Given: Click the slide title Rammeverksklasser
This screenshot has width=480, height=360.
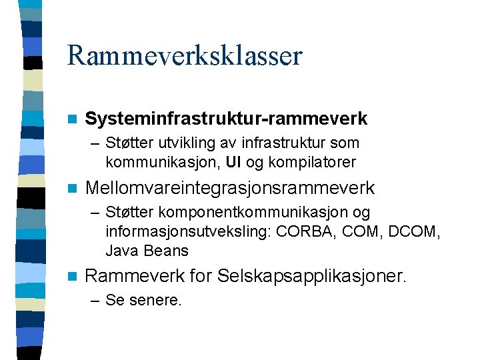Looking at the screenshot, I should pyautogui.click(x=185, y=56).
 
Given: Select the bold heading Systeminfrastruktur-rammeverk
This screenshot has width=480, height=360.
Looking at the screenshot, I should pyautogui.click(x=226, y=119).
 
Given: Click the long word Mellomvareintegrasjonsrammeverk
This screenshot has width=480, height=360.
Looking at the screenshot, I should pyautogui.click(x=230, y=189).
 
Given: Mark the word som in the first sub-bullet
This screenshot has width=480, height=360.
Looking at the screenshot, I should pyautogui.click(x=345, y=143).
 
